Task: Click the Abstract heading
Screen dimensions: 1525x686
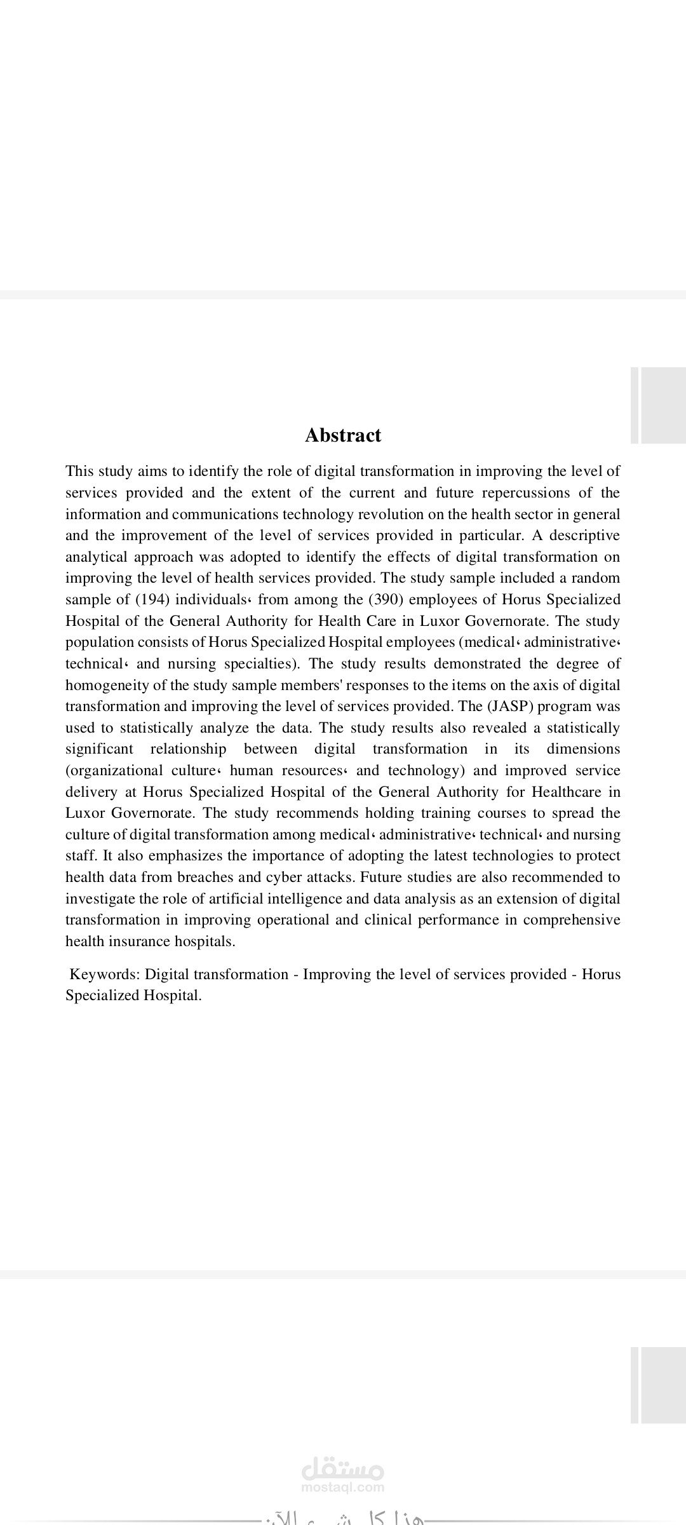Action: pos(343,435)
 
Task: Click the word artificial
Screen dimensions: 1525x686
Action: pos(232,898)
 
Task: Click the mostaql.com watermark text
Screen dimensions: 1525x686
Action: pos(343,1487)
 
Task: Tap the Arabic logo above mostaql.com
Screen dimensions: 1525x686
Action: pos(343,1469)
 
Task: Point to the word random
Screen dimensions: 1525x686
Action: pos(596,578)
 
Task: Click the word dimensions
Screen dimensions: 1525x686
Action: pos(583,749)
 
